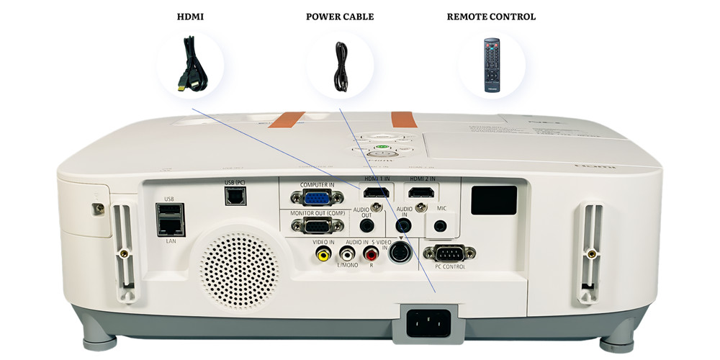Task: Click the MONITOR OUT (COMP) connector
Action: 311,227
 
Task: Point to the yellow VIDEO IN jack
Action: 325,253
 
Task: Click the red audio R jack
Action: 372,253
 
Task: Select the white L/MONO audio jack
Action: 348,253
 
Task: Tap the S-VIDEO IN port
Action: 400,252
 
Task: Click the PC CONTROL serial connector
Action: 450,253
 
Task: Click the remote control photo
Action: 492,66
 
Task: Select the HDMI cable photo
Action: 190,65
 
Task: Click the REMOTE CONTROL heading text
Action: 491,17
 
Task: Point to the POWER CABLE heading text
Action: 340,17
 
